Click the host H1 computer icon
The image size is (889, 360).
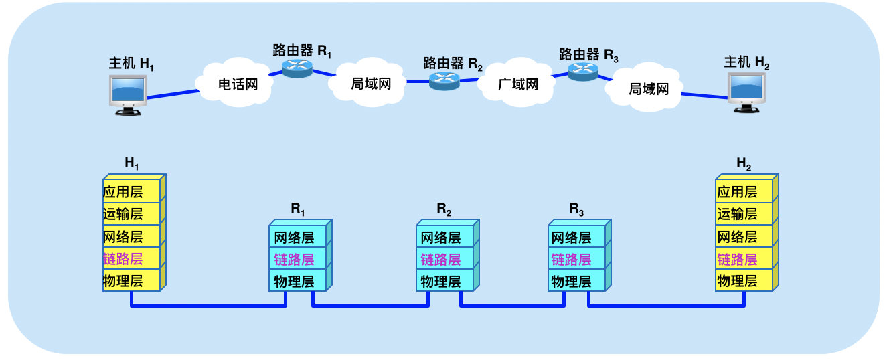tap(129, 94)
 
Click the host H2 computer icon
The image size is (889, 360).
tap(748, 91)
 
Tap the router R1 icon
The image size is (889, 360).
tap(298, 68)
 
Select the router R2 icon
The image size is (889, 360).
tap(444, 80)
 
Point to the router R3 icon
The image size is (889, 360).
tap(583, 71)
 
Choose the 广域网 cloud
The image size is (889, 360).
tap(518, 84)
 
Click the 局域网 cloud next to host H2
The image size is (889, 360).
tap(648, 88)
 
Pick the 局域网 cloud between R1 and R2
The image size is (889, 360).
tap(370, 84)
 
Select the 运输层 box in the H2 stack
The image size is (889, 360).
tap(743, 214)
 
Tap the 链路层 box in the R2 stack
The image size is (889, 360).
tap(446, 259)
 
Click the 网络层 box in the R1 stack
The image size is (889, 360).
tap(297, 237)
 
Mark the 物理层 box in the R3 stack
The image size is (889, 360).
tap(576, 281)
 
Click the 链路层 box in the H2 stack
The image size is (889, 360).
tap(743, 259)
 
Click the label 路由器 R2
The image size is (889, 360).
tap(453, 64)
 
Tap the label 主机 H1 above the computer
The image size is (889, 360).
tap(132, 64)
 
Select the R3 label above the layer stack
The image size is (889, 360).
tap(576, 208)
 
